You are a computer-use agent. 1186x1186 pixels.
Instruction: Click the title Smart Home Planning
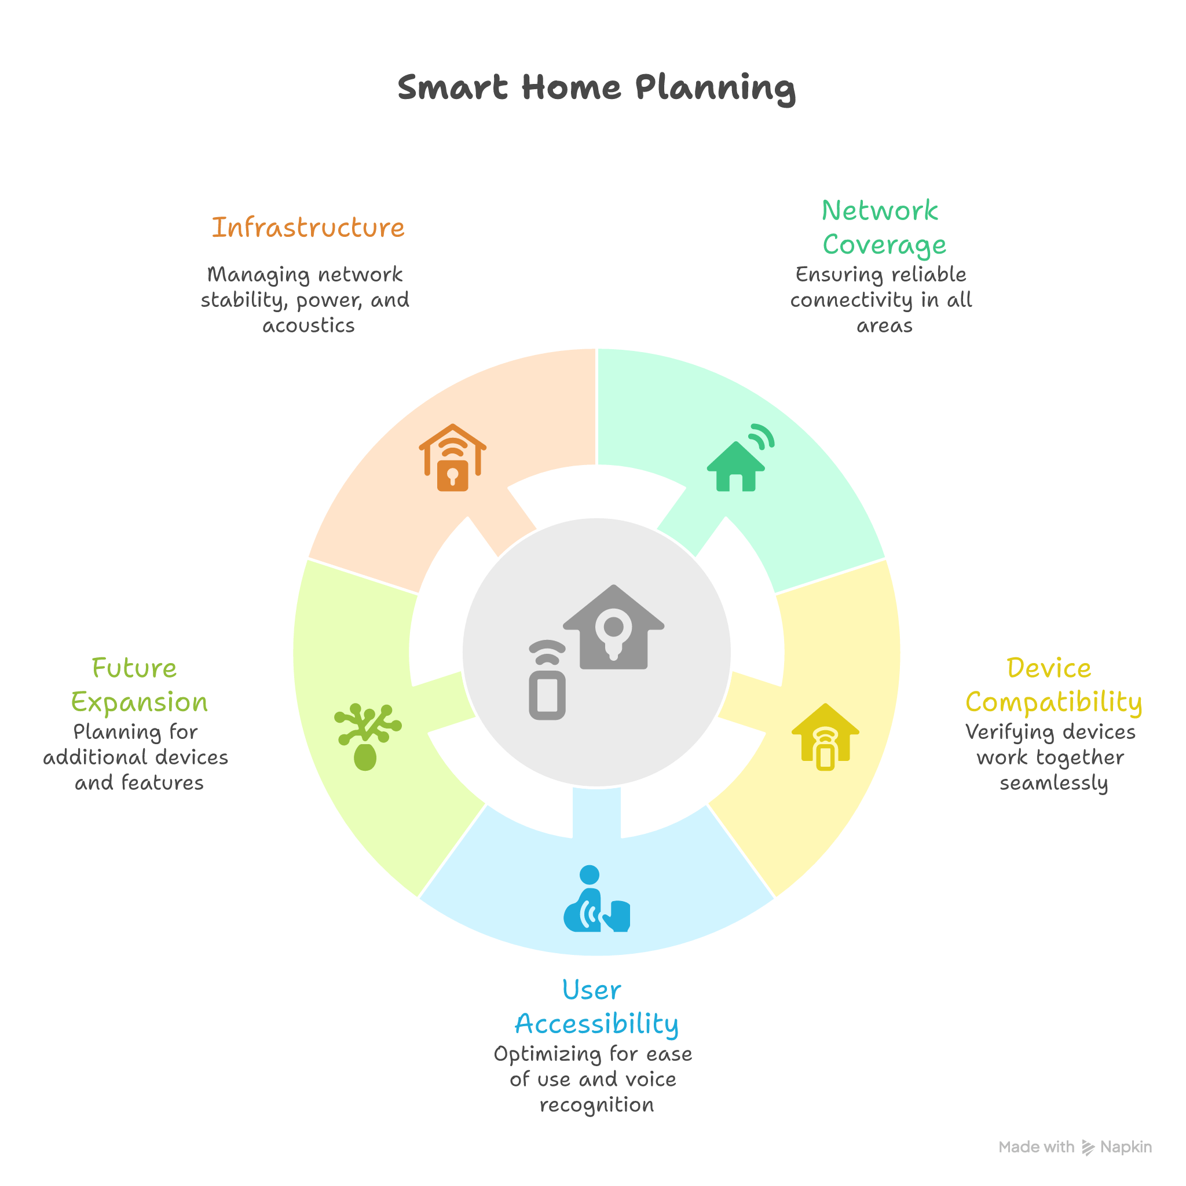(596, 88)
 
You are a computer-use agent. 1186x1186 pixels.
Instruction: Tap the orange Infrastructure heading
(308, 228)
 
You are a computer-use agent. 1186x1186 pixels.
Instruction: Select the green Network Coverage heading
(883, 228)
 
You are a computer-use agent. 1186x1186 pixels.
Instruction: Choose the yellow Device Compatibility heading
(1053, 685)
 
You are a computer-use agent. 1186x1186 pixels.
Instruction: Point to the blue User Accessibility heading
(596, 1006)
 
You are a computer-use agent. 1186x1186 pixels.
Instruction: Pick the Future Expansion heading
(139, 685)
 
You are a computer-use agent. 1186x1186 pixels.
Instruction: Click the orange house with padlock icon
(452, 458)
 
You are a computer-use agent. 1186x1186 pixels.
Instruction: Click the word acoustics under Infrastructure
(308, 325)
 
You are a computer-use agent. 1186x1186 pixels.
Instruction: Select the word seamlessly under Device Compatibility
(1053, 784)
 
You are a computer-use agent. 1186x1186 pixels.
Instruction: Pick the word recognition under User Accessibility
(596, 1105)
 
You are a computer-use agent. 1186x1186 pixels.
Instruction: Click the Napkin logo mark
(1088, 1147)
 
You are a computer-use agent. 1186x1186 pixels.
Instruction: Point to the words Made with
(1036, 1147)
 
